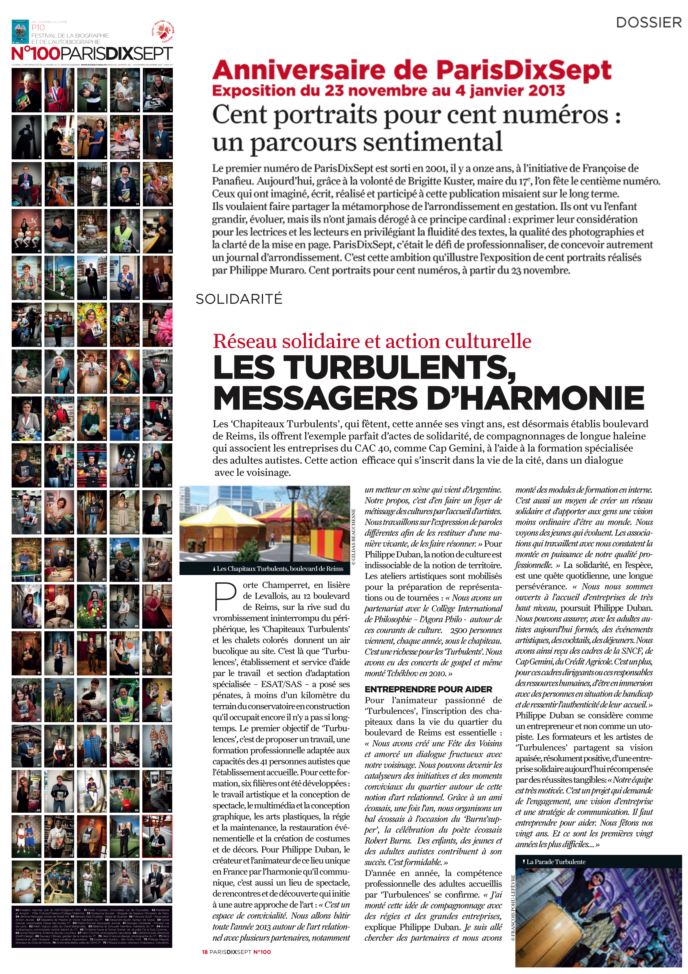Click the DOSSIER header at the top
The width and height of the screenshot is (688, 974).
pyautogui.click(x=648, y=22)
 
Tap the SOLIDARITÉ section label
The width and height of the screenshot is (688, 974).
pyautogui.click(x=239, y=299)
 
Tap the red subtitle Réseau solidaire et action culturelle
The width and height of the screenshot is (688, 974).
pyautogui.click(x=372, y=341)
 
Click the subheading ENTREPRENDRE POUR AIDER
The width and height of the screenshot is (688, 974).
pyautogui.click(x=428, y=689)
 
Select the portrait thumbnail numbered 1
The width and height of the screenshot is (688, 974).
pyautogui.click(x=26, y=90)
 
